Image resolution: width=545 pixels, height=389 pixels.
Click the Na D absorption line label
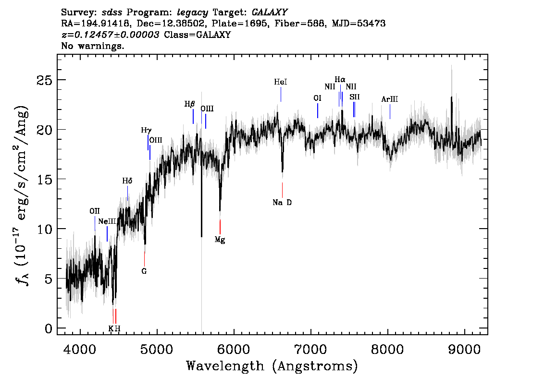click(282, 203)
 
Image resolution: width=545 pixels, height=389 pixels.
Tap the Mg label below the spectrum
click(220, 240)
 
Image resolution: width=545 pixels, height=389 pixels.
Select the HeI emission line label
click(281, 82)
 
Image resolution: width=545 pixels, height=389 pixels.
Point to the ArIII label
click(390, 99)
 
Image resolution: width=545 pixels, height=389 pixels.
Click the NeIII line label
click(107, 221)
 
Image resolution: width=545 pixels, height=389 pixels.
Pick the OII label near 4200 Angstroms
click(95, 211)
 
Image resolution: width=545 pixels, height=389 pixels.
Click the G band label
click(144, 271)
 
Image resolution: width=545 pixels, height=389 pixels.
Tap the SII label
click(355, 97)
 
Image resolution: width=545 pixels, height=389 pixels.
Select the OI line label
click(317, 98)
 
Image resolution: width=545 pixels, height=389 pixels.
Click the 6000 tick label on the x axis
click(234, 350)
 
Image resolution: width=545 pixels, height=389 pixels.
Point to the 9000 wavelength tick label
click(464, 350)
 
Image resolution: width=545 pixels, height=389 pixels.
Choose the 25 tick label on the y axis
click(44, 81)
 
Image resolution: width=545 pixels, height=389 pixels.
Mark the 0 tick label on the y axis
click(49, 328)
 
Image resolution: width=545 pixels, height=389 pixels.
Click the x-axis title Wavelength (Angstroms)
click(272, 366)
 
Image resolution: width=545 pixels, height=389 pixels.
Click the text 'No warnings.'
click(92, 46)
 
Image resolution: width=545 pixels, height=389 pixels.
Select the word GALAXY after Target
click(269, 12)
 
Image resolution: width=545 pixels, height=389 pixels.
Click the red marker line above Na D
click(282, 190)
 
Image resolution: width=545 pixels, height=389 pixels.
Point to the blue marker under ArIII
click(390, 111)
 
